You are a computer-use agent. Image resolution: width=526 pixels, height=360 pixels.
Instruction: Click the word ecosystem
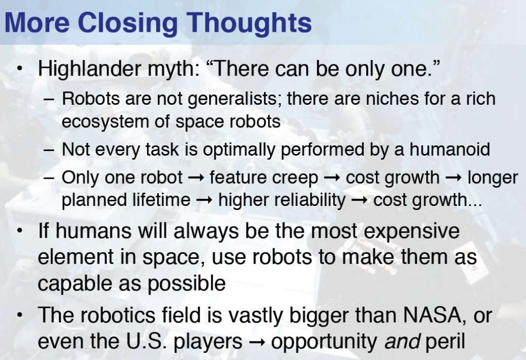click(x=105, y=122)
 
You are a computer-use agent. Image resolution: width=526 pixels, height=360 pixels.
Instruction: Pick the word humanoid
click(x=449, y=149)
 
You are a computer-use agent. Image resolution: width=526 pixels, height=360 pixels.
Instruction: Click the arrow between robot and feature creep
click(x=196, y=178)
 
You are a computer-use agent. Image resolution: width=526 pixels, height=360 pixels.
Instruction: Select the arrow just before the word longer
click(x=454, y=178)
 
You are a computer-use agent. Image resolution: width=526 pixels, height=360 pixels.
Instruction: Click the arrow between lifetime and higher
click(x=204, y=201)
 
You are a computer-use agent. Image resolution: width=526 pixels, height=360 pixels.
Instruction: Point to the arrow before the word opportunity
click(x=257, y=342)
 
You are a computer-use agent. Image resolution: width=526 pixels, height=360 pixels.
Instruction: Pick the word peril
click(x=445, y=342)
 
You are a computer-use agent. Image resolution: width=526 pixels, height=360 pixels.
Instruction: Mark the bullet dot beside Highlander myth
click(x=20, y=69)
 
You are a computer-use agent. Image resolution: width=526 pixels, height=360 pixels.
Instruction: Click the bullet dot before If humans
click(x=20, y=231)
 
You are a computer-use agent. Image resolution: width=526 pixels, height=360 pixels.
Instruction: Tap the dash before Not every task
click(x=49, y=150)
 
